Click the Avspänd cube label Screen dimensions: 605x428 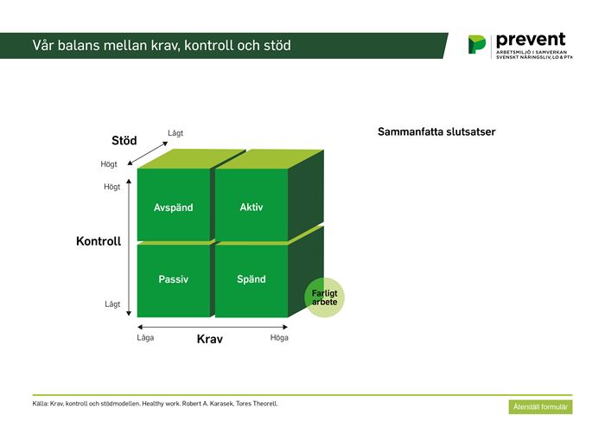coord(173,208)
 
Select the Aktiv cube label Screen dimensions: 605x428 coord(252,208)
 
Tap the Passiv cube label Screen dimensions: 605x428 coord(173,279)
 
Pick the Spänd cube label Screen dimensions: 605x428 coord(252,279)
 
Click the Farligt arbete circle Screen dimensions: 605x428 coord(324,297)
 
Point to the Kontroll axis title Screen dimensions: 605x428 coord(99,241)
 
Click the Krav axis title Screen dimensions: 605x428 coord(209,339)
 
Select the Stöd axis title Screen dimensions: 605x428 coord(124,140)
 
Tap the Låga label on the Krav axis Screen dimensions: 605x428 coord(145,338)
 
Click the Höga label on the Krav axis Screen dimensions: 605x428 coord(279,338)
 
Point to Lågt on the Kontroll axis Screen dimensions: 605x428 coord(112,304)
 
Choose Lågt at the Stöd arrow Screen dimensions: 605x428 coord(175,133)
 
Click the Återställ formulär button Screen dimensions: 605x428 coord(540,406)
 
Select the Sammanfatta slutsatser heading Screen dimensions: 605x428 coord(436,131)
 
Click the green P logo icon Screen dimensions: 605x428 coord(477,44)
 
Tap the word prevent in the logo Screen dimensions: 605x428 coord(531,40)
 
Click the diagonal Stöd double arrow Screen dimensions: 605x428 coord(148,153)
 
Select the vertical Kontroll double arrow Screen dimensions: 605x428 coord(129,247)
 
